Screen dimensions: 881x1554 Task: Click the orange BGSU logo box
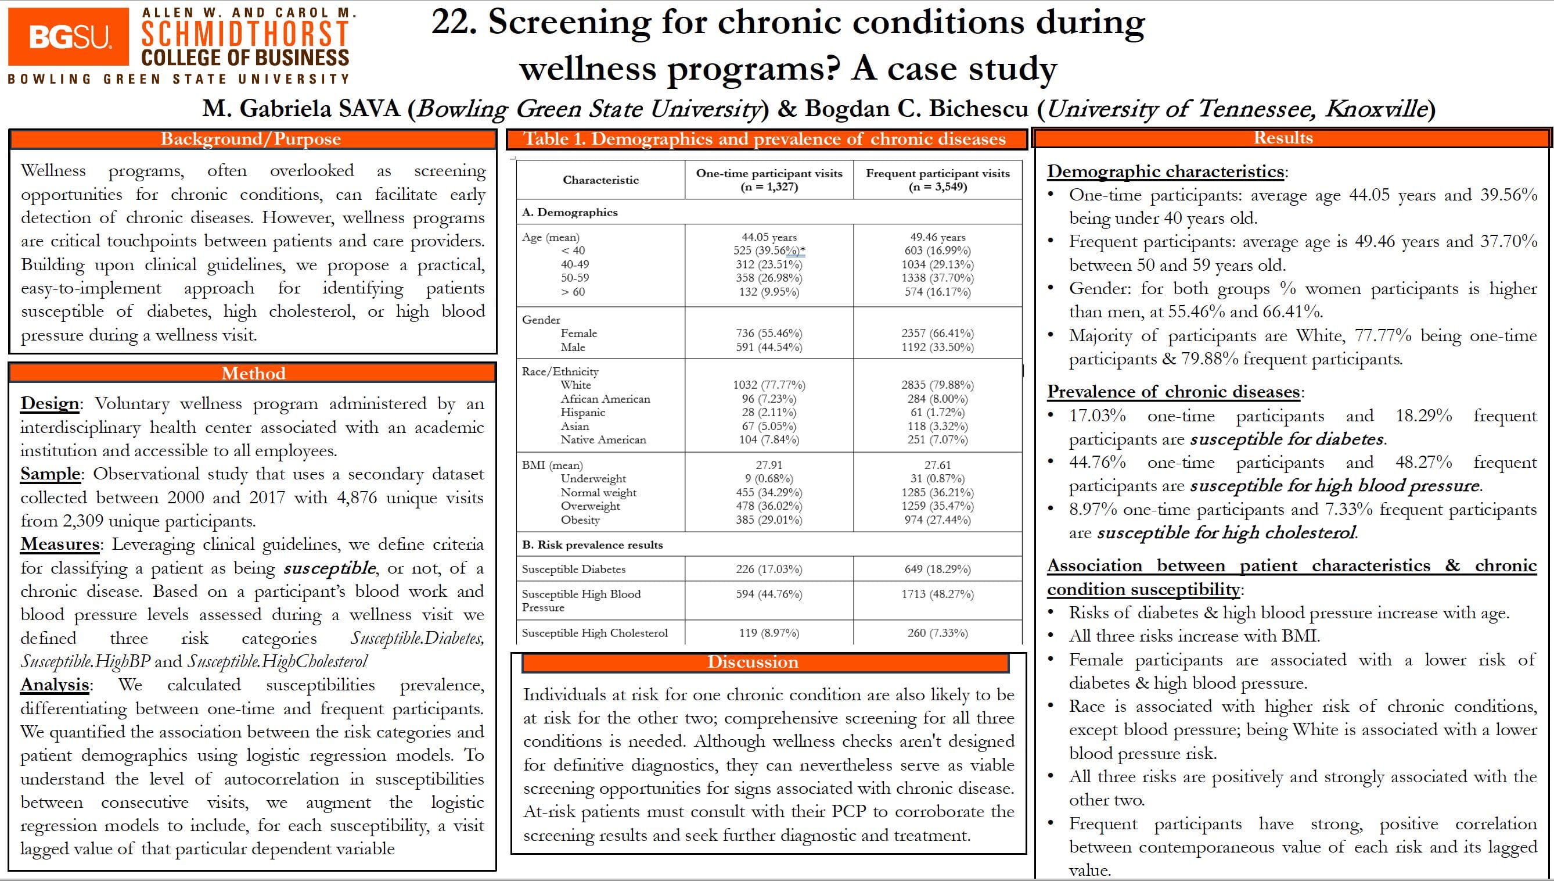69,37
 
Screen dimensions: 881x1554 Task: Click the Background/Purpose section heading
251,139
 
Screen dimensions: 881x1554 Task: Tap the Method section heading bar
253,373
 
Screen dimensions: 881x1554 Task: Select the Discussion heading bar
753,662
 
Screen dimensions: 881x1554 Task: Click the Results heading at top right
1283,138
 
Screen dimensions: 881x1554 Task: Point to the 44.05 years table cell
769,237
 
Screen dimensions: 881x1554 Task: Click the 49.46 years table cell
937,237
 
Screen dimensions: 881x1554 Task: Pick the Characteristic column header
600,180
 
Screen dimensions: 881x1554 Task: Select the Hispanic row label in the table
582,412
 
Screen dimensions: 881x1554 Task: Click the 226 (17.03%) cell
769,569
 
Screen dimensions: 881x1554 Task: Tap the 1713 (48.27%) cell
937,594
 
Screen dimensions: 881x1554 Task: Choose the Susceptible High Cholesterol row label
595,633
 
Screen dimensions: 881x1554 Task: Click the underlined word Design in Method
49,403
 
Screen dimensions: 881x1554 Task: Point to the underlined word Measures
60,544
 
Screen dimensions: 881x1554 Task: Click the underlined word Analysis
55,685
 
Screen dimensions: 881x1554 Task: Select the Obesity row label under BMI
580,520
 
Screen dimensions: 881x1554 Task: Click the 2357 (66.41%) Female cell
937,334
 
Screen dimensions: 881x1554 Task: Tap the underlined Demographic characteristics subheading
1165,172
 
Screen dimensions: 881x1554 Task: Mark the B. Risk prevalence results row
592,545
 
